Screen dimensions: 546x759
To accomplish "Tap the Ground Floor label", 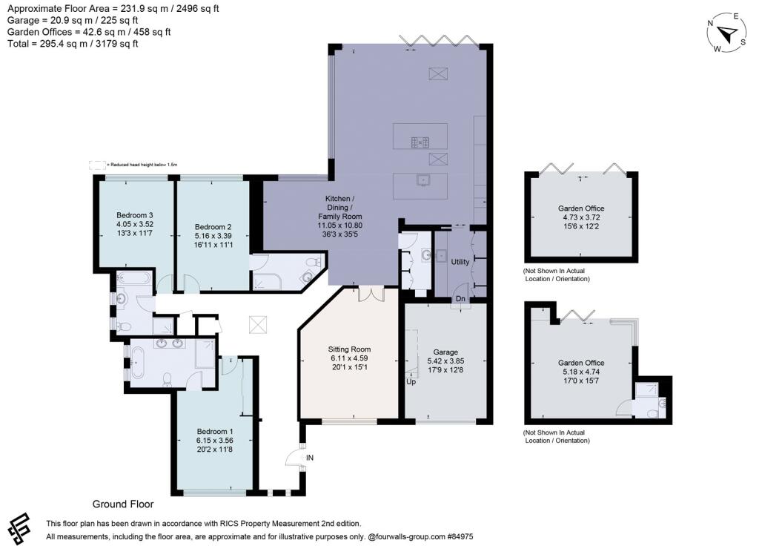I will click(x=122, y=504).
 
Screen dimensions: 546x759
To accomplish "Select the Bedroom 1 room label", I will click(x=215, y=431).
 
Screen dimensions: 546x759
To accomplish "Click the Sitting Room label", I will click(x=349, y=349).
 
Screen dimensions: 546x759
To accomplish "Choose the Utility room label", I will click(x=460, y=262).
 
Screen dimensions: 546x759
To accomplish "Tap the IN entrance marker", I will click(x=310, y=458).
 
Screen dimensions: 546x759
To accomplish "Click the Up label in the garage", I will click(x=411, y=381).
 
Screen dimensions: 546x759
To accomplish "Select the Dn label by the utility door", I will click(x=460, y=299).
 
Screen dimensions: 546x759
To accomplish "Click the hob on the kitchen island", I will click(x=420, y=140).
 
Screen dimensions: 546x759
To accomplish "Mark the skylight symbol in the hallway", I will click(x=259, y=324).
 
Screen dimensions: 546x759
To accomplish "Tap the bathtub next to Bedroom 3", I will click(x=133, y=280).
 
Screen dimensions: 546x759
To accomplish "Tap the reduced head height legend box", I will click(x=97, y=164).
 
